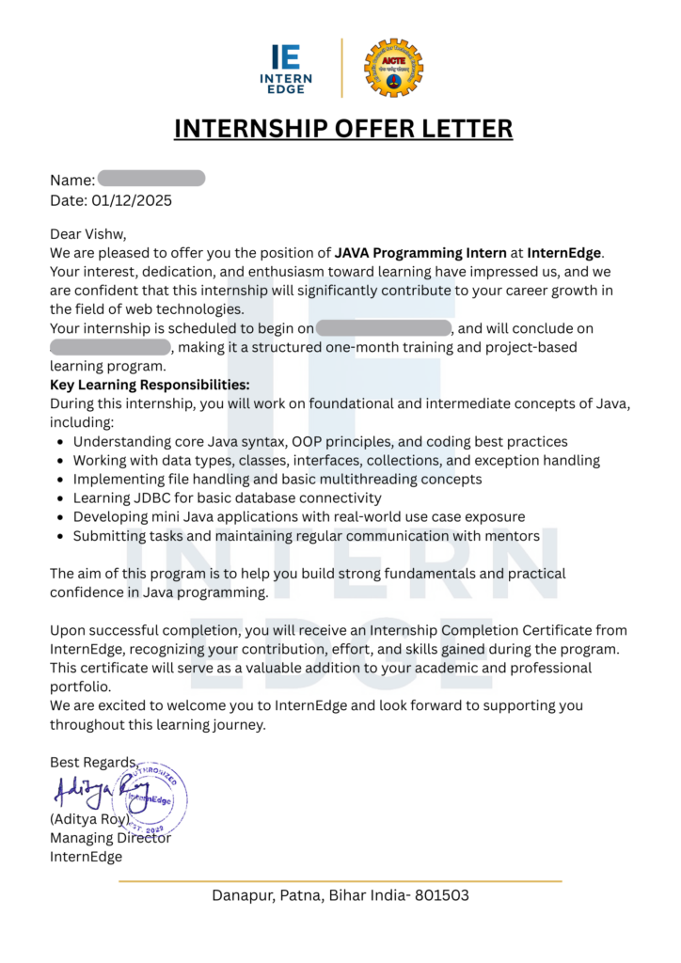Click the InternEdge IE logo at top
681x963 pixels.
tap(286, 68)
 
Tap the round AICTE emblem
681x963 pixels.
tap(393, 68)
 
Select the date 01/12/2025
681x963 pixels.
tap(132, 200)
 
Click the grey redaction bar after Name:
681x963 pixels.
tap(150, 179)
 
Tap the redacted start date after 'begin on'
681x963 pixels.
tap(384, 328)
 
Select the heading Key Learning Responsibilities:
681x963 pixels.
tap(150, 385)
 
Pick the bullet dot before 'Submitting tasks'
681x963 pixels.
tap(60, 536)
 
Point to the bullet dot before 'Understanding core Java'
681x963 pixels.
tap(60, 441)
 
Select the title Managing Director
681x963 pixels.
tap(110, 838)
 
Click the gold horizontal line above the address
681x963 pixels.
tap(340, 881)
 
